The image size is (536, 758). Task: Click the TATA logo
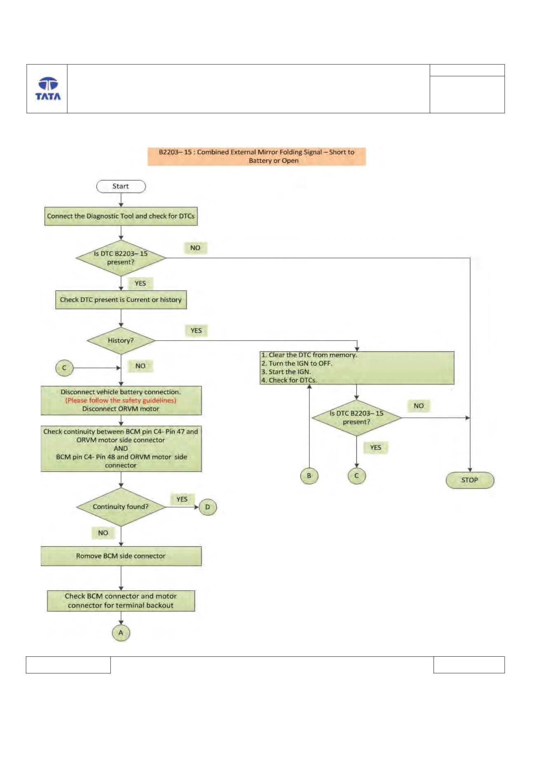pyautogui.click(x=48, y=89)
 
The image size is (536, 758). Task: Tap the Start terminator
pyautogui.click(x=121, y=186)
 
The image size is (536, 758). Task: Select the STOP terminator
pyautogui.click(x=470, y=480)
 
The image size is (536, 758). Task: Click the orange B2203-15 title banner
pyautogui.click(x=257, y=156)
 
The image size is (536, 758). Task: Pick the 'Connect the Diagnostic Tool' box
pyautogui.click(x=121, y=216)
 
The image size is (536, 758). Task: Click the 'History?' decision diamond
pyautogui.click(x=121, y=341)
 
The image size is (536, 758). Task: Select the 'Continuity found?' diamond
pyautogui.click(x=121, y=507)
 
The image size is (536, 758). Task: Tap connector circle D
pyautogui.click(x=208, y=507)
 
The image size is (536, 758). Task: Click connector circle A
pyautogui.click(x=121, y=633)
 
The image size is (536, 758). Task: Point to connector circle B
pyautogui.click(x=309, y=476)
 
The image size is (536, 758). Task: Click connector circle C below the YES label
pyautogui.click(x=357, y=476)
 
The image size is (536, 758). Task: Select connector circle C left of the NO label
pyautogui.click(x=64, y=368)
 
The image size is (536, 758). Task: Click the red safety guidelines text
pyautogui.click(x=121, y=400)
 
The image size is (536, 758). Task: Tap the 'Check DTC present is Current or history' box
pyautogui.click(x=121, y=300)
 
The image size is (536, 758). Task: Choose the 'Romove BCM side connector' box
pyautogui.click(x=121, y=556)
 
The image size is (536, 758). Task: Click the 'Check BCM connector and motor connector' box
pyautogui.click(x=121, y=601)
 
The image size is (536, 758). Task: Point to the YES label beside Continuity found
pyautogui.click(x=182, y=499)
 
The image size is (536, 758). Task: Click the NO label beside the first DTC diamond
pyautogui.click(x=195, y=248)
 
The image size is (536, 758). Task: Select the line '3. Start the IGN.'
pyautogui.click(x=286, y=372)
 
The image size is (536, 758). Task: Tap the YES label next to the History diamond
pyautogui.click(x=196, y=330)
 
